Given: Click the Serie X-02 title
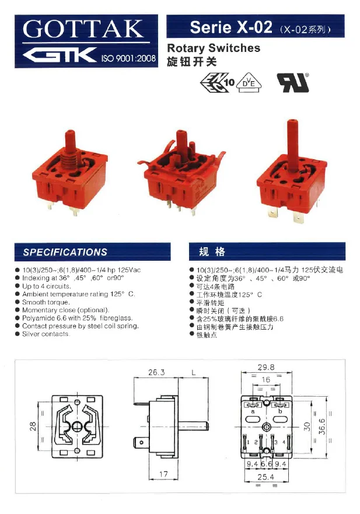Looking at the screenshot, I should coord(230,27).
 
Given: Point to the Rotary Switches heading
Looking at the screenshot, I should coord(214,48).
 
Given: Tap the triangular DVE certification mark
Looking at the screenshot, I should coord(251,83).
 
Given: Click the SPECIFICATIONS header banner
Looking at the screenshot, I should coord(93,252).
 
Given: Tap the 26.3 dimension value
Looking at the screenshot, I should coord(156,372).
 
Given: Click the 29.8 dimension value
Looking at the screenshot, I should coord(266,368).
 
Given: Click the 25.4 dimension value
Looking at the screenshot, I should coord(266,477).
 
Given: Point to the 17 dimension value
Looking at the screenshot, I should coord(164,475).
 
